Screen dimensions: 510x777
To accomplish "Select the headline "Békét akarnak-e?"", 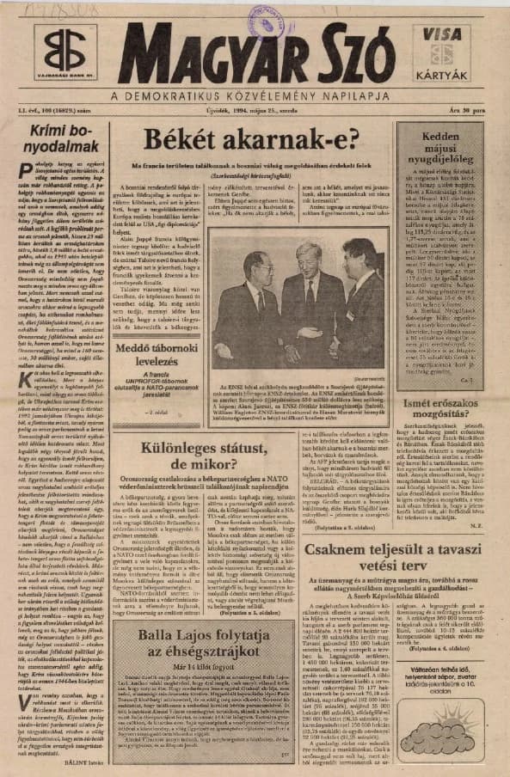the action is (x=250, y=139).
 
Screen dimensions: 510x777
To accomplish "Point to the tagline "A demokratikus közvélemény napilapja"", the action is (x=255, y=95).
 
